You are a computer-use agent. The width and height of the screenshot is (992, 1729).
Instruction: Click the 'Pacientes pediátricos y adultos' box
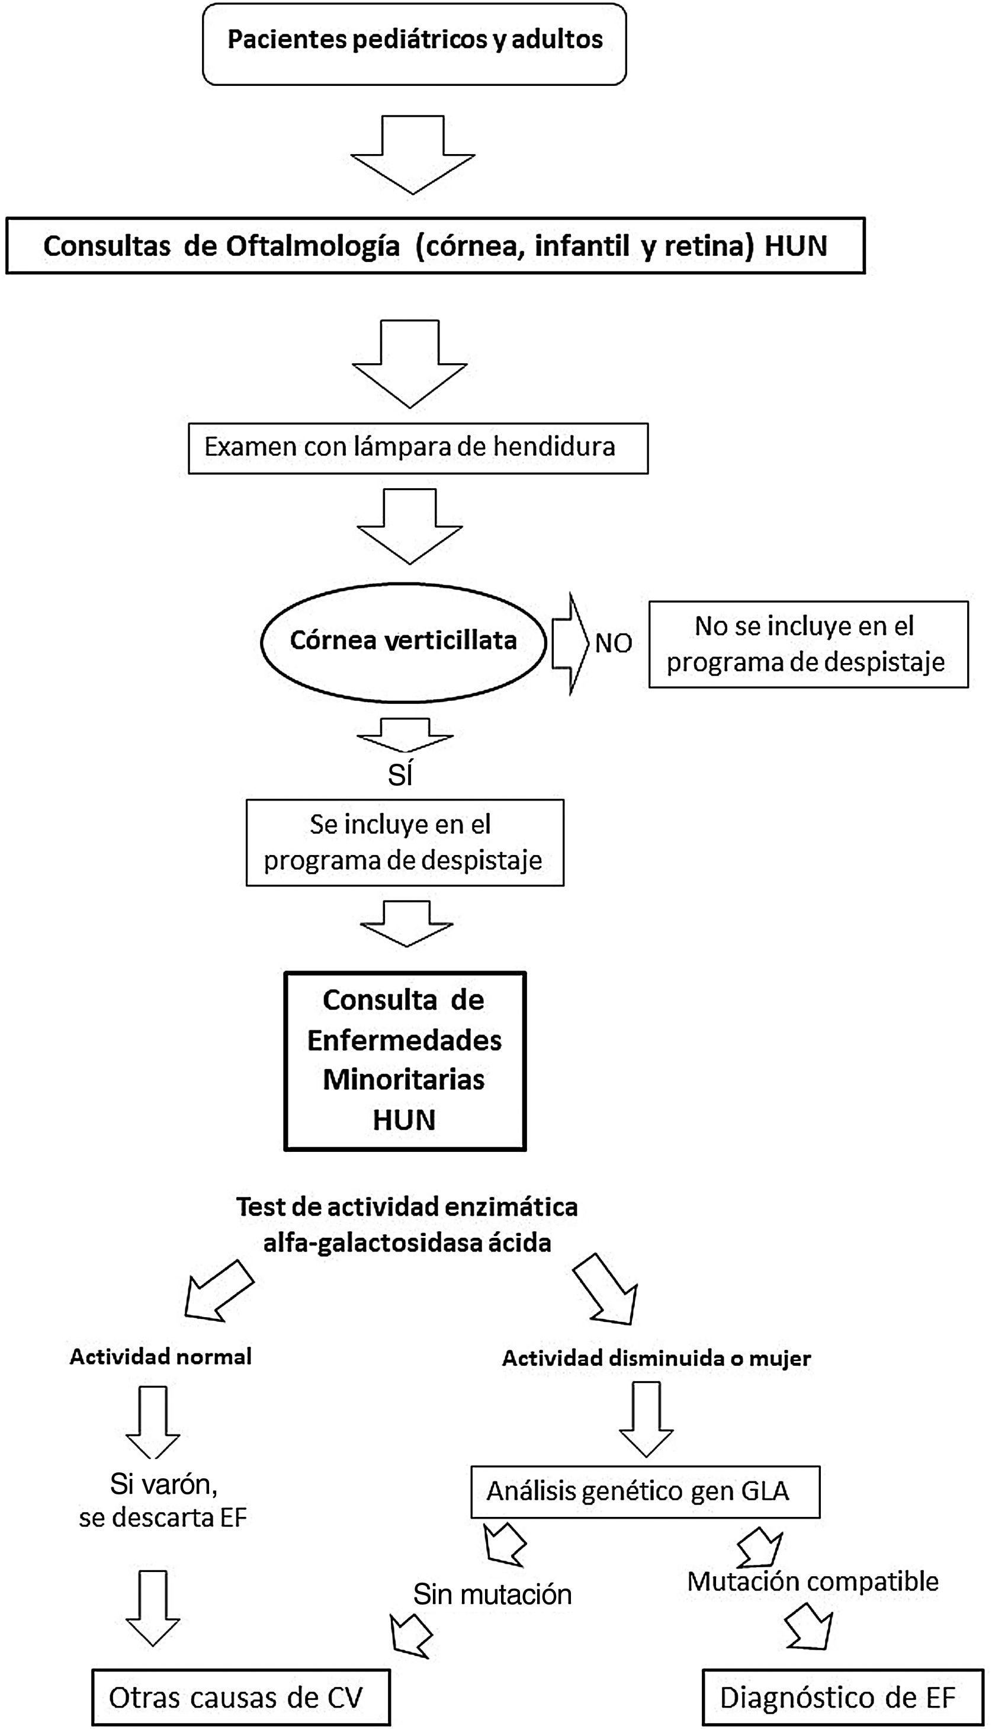click(414, 44)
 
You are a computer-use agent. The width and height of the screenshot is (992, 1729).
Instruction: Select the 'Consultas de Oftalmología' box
click(435, 246)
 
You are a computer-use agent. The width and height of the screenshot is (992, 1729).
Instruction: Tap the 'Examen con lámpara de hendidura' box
click(418, 448)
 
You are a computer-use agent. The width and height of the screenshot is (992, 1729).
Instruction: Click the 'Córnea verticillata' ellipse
click(403, 641)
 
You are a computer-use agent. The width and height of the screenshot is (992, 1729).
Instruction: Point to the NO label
click(613, 643)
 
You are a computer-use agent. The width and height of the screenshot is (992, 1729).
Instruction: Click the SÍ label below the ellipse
click(400, 776)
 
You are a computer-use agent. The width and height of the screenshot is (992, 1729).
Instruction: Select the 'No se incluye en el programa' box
click(807, 644)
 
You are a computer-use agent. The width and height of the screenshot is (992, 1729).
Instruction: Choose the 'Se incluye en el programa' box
click(404, 843)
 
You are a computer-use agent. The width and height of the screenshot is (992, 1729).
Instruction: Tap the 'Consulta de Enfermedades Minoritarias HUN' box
click(404, 1061)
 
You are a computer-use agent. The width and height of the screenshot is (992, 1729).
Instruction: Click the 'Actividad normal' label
click(160, 1357)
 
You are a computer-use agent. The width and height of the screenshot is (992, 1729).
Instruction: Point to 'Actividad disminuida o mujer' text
click(656, 1358)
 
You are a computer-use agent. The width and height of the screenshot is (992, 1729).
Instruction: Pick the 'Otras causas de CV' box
click(240, 1697)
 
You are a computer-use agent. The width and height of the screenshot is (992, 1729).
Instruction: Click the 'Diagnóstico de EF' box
click(842, 1697)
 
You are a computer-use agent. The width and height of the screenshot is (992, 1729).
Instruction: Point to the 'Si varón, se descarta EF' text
click(163, 1501)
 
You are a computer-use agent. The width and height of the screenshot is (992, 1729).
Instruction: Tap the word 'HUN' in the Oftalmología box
click(796, 246)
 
